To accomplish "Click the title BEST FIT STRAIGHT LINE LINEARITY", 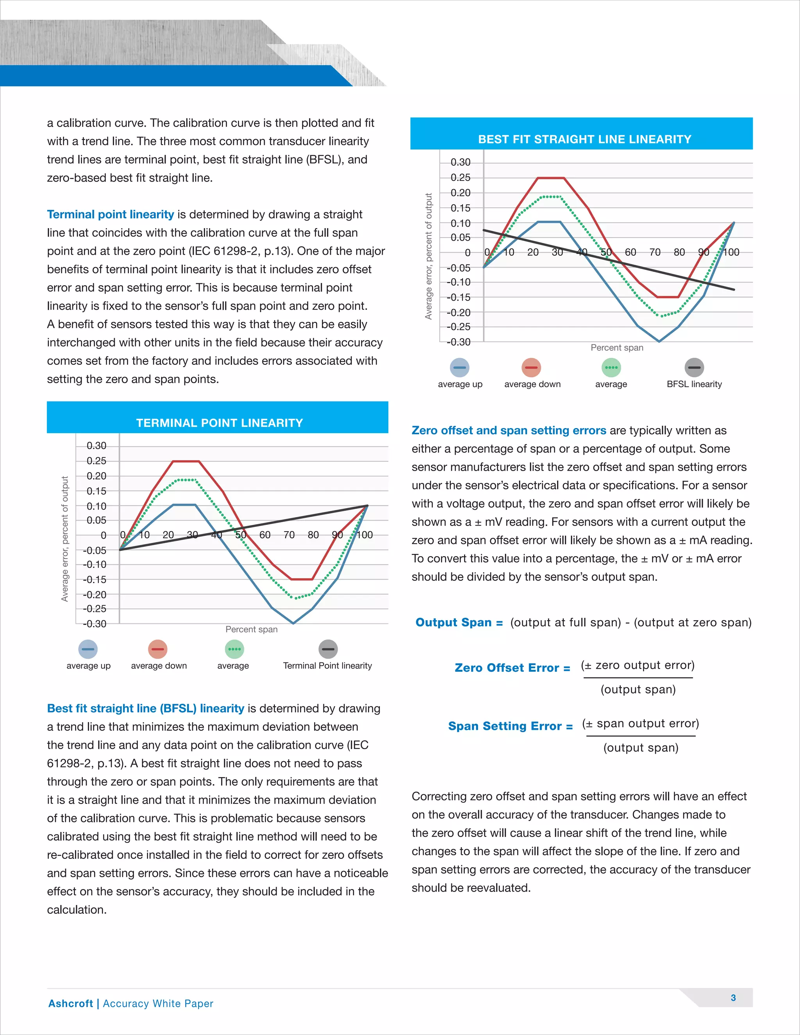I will coord(584,139).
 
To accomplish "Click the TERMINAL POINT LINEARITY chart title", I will coord(220,423).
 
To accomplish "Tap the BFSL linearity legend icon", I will coord(694,367).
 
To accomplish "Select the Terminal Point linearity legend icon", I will coord(328,649).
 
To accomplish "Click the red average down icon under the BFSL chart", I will coord(531,367).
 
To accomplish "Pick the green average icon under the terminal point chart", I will coord(234,649).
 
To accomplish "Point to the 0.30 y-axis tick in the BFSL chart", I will coord(460,162).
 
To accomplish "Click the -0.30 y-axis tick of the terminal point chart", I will coord(95,624).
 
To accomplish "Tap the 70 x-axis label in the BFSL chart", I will coord(655,252).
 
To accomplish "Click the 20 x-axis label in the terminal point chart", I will coord(168,535).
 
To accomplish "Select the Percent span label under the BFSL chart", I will coord(616,347).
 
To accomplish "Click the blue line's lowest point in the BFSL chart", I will coord(659,341).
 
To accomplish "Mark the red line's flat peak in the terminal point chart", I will coord(186,461).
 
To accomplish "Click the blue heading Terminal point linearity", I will coord(111,214).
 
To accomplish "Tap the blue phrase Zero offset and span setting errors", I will coord(509,430).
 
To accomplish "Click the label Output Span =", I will coord(459,622).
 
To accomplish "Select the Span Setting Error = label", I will coord(510,726).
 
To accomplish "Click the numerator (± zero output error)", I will coord(637,666).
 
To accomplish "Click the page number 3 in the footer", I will coord(733,998).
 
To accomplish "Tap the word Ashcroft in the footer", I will coord(71,1003).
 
